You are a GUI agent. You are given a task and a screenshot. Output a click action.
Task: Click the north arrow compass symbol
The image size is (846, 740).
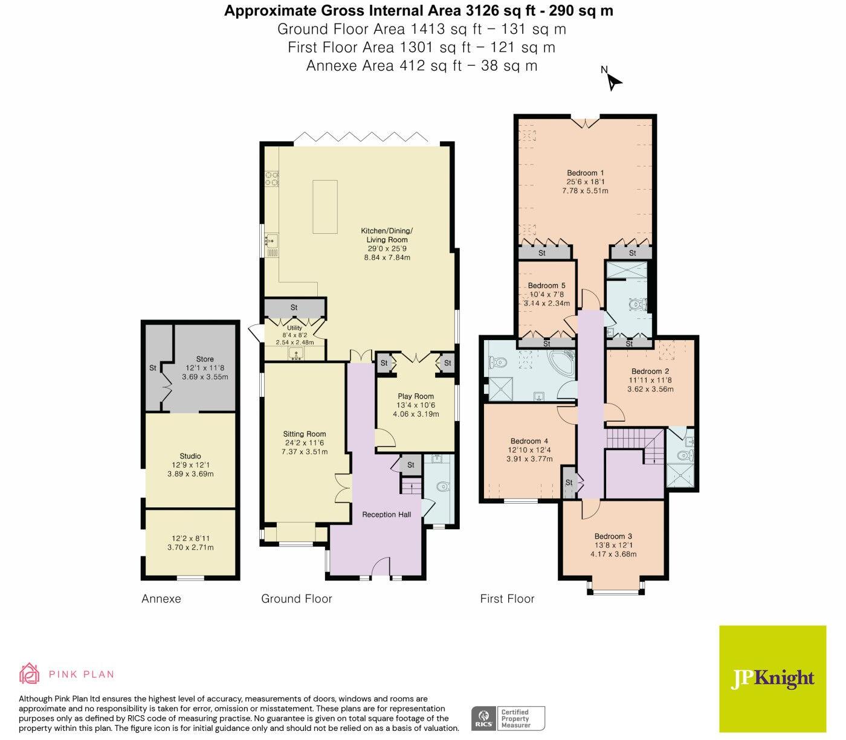pos(613,80)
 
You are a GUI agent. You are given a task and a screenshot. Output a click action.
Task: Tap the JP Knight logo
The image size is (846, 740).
pos(772,678)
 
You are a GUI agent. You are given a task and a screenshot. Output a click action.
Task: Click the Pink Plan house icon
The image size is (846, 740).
pos(30,674)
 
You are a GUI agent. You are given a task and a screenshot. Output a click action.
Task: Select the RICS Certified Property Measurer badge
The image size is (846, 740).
pos(508,719)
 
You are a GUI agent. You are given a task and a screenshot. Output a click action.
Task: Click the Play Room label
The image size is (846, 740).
pos(415,396)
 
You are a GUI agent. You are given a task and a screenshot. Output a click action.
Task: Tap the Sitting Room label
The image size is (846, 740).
pos(305,434)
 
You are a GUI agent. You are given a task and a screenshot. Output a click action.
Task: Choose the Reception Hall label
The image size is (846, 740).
pos(386,515)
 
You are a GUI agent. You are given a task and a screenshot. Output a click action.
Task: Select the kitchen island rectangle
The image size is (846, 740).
pos(325,206)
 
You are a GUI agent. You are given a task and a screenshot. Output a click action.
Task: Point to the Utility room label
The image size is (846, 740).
pos(294,328)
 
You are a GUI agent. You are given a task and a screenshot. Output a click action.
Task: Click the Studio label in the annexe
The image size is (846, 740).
pos(190,456)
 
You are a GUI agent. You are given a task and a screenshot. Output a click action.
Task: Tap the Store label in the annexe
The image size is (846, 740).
pos(205,359)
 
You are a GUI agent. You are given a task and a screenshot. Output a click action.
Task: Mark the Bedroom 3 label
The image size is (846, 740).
pos(613,536)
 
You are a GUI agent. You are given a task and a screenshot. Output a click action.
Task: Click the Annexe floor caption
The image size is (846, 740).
pos(161,599)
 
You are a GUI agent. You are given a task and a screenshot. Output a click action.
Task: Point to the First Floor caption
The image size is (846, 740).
pos(507,599)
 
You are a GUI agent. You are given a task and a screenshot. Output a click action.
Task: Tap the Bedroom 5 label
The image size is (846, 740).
pos(546,286)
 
